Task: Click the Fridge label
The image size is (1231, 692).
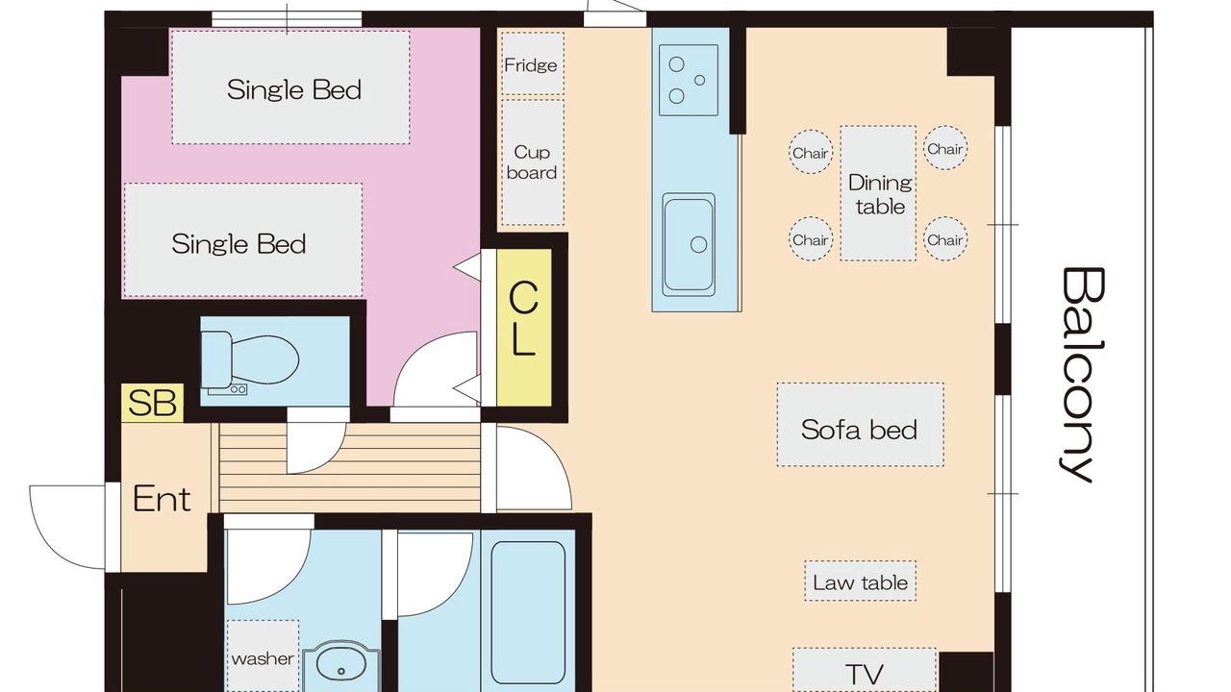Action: [531, 65]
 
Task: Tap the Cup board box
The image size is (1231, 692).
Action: [533, 162]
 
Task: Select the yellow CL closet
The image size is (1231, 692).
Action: [524, 328]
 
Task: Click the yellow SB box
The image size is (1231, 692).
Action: [152, 403]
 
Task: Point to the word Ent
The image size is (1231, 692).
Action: [163, 499]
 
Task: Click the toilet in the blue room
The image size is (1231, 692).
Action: [250, 362]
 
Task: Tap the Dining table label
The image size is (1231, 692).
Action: [880, 194]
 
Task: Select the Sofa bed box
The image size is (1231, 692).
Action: [860, 425]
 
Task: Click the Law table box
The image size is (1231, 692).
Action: [860, 581]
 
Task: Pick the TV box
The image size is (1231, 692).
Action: [865, 670]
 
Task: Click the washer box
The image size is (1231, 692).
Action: [263, 655]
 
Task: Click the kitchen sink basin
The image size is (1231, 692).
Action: [689, 244]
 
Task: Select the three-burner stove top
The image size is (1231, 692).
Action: [689, 80]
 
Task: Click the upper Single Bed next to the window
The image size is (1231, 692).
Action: [290, 87]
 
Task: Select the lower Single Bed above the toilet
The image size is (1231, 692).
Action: [243, 240]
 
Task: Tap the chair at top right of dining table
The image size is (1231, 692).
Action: [945, 148]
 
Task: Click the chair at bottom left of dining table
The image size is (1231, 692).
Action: [811, 239]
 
